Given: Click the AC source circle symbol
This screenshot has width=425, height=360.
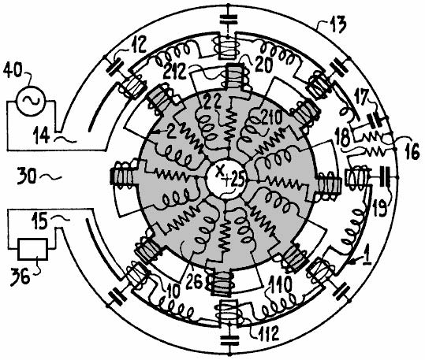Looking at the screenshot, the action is pyautogui.click(x=30, y=101).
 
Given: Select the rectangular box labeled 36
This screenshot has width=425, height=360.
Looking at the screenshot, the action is pyautogui.click(x=33, y=249).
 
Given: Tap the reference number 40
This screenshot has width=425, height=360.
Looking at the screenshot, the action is pyautogui.click(x=13, y=71).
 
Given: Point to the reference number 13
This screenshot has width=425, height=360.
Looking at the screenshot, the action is pyautogui.click(x=337, y=24).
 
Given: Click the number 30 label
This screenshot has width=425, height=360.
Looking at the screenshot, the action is pyautogui.click(x=26, y=176).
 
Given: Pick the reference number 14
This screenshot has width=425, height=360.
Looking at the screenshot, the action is pyautogui.click(x=41, y=135).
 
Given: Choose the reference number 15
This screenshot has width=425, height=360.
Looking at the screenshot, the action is pyautogui.click(x=39, y=221).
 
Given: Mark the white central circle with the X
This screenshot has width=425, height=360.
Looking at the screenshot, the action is pyautogui.click(x=225, y=181).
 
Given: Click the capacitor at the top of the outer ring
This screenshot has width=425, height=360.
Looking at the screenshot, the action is pyautogui.click(x=229, y=19).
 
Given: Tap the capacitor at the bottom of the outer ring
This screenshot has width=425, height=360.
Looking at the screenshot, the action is pyautogui.click(x=229, y=341).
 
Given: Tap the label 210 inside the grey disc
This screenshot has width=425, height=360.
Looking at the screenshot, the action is pyautogui.click(x=270, y=118).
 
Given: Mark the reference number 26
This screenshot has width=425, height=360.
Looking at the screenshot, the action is pyautogui.click(x=194, y=282).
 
